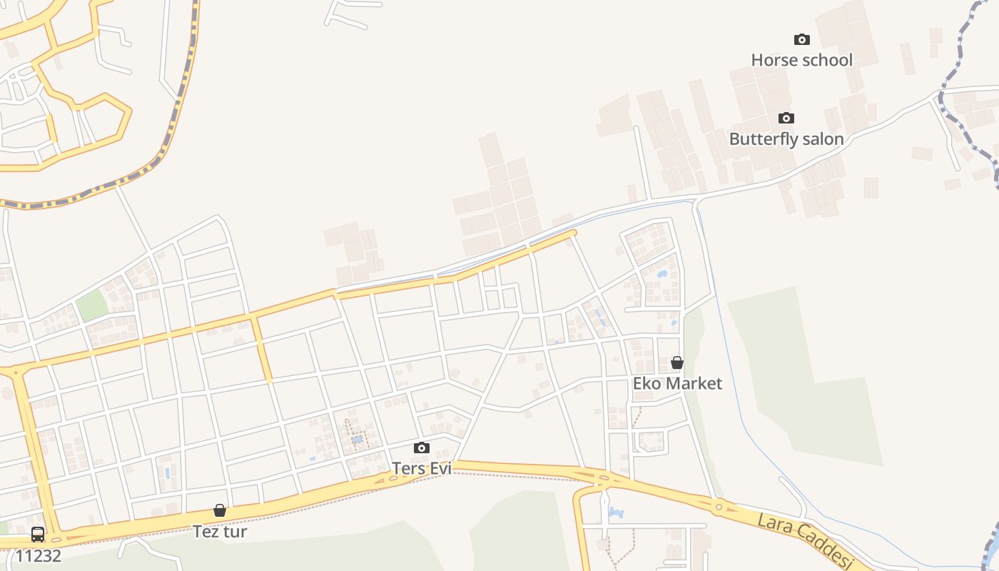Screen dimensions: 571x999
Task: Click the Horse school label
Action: coord(801,60)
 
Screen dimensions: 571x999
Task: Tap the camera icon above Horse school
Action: coord(802,39)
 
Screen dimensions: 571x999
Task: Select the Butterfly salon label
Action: coord(786,138)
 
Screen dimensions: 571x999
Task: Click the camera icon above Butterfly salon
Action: coord(786,118)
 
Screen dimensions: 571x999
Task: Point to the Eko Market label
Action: coord(677,383)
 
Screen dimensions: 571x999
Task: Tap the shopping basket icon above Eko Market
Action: coord(677,363)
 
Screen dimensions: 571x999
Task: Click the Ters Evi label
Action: coord(422,468)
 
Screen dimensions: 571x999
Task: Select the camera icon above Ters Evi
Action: coord(422,448)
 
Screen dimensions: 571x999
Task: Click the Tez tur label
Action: coord(220,531)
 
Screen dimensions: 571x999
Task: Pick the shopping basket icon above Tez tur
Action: coord(220,510)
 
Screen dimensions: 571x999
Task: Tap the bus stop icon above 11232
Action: coord(38,534)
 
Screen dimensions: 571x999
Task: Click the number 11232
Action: coord(38,555)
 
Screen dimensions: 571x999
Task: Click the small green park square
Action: coord(92,305)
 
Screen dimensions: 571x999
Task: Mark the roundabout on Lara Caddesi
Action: coord(719,507)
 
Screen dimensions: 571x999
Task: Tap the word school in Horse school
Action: coord(826,60)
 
